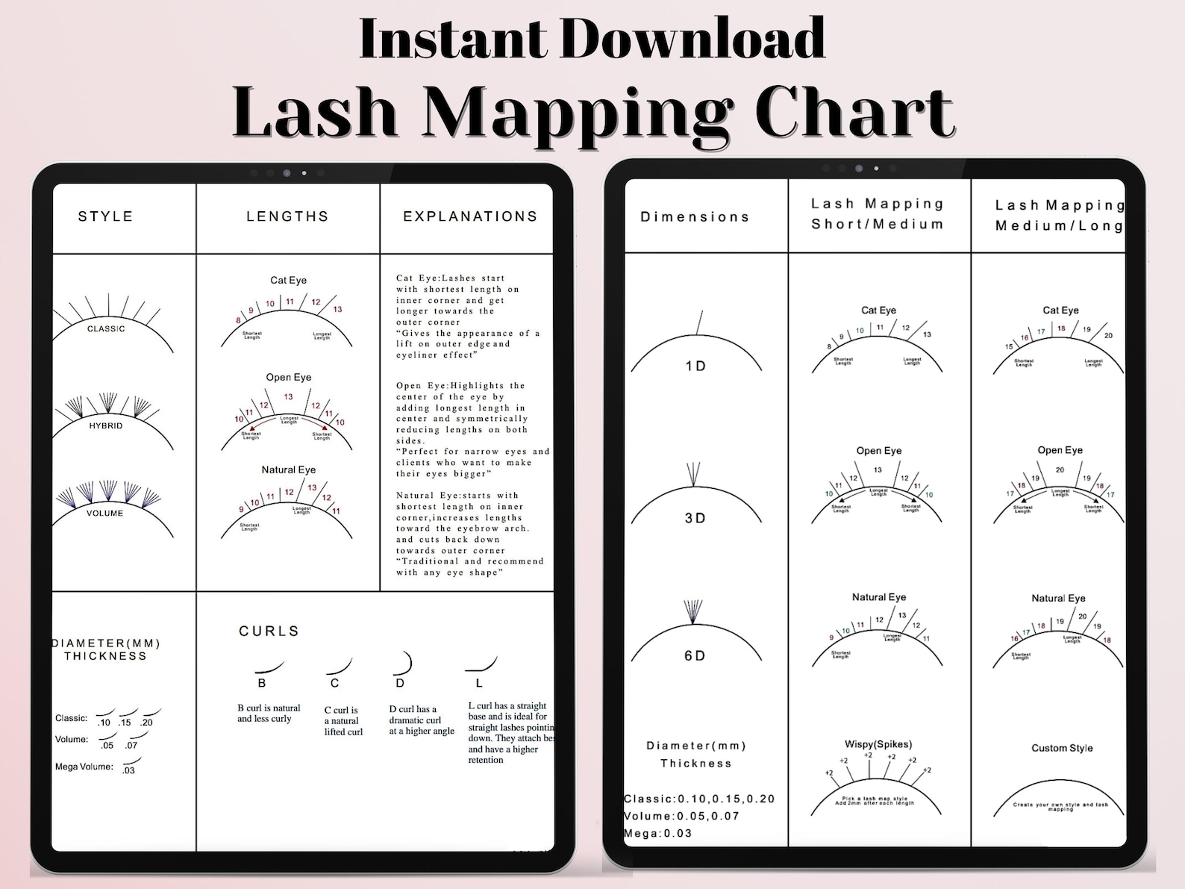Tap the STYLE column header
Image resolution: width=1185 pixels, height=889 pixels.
pyautogui.click(x=105, y=216)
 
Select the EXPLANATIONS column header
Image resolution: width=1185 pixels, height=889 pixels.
pyautogui.click(x=470, y=216)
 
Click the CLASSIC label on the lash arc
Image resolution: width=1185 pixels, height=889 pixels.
pyautogui.click(x=106, y=328)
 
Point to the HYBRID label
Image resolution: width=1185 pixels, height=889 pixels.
pyautogui.click(x=106, y=425)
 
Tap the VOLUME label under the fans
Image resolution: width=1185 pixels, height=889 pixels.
pyautogui.click(x=104, y=513)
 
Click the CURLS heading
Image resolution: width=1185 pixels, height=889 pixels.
pyautogui.click(x=269, y=631)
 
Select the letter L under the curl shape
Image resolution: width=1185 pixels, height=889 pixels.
pyautogui.click(x=479, y=683)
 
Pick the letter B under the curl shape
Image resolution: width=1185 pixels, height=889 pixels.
pyautogui.click(x=262, y=683)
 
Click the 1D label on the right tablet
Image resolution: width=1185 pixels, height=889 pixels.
pyautogui.click(x=695, y=366)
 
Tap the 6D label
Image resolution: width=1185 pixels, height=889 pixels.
pyautogui.click(x=695, y=655)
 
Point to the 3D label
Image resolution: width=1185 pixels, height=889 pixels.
pyautogui.click(x=695, y=518)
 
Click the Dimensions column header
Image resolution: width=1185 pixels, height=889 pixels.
pyautogui.click(x=695, y=217)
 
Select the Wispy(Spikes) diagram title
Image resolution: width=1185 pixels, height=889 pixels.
pyautogui.click(x=878, y=744)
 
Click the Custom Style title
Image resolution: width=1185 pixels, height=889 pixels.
pyautogui.click(x=1062, y=748)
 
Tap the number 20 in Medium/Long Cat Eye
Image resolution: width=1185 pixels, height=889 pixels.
pyautogui.click(x=1108, y=335)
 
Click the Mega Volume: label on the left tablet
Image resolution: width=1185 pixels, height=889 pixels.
pyautogui.click(x=84, y=767)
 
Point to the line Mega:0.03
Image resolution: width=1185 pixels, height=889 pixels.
pyautogui.click(x=658, y=833)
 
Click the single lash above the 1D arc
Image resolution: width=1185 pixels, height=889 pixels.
pyautogui.click(x=699, y=322)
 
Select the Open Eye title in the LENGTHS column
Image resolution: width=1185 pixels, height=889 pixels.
pyautogui.click(x=289, y=377)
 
